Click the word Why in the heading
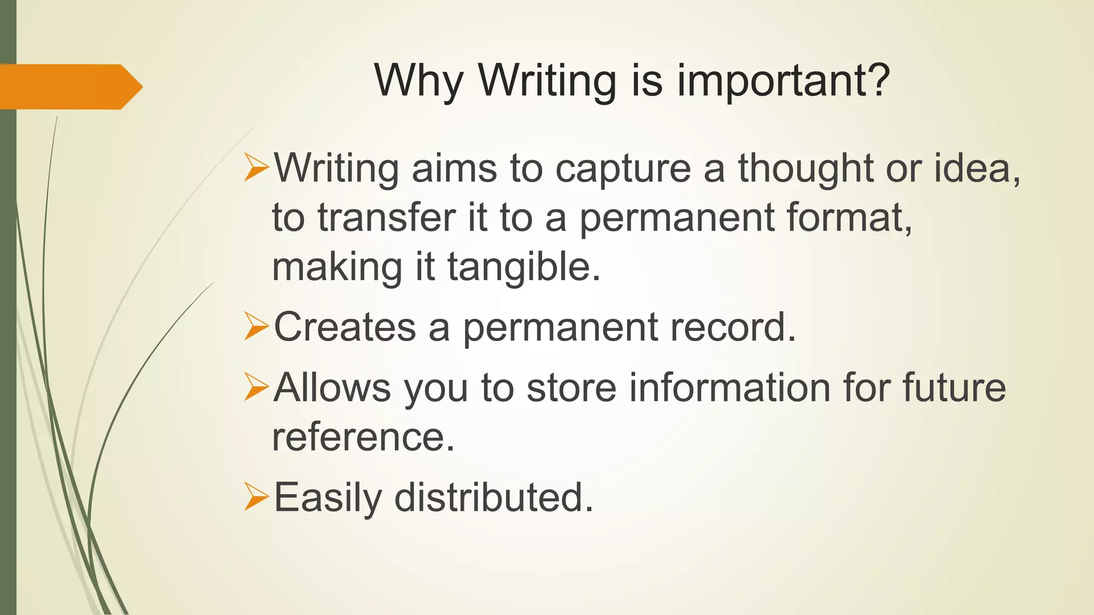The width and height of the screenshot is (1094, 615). click(418, 81)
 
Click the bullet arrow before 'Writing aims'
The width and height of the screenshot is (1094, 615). click(256, 167)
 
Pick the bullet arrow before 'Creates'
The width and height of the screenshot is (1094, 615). click(256, 326)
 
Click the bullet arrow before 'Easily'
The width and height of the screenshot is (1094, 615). click(256, 496)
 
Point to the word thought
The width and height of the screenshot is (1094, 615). click(806, 169)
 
